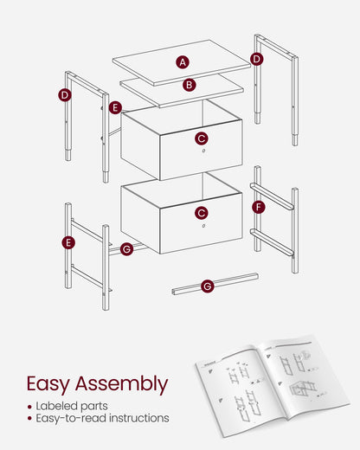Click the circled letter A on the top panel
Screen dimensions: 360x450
click(183, 62)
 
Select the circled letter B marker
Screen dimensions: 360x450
click(190, 85)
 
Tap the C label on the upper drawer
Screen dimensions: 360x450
click(202, 138)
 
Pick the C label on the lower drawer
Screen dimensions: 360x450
click(202, 213)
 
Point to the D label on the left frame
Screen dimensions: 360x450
click(65, 95)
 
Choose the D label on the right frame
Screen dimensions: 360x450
click(257, 59)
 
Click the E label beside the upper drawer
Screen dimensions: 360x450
click(115, 107)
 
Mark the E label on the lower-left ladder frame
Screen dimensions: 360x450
click(68, 242)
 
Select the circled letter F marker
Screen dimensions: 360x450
click(259, 207)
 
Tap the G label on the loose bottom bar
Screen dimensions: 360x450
click(208, 286)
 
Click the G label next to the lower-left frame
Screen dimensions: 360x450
click(126, 249)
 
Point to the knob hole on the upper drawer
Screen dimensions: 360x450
click(203, 151)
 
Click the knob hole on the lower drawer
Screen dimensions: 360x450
click(203, 226)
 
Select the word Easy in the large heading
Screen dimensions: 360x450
click(48, 384)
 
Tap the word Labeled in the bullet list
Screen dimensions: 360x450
click(57, 406)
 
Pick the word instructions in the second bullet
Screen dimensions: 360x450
click(139, 418)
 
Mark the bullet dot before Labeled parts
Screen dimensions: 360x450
click(29, 407)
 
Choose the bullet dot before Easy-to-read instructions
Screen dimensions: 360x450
click(29, 419)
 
